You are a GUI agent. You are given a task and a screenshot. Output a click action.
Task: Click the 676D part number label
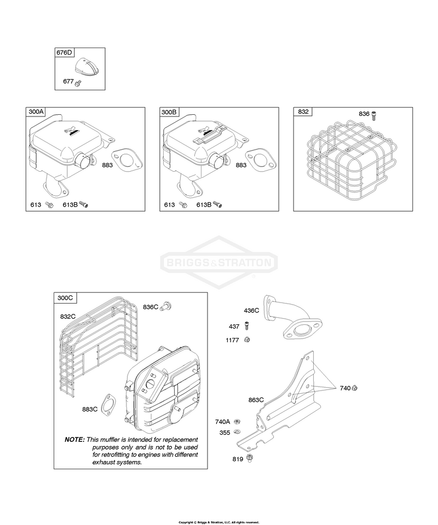pos(64,52)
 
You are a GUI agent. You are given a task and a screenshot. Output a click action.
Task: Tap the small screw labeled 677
pos(78,83)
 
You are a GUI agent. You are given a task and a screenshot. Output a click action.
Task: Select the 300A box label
pos(36,112)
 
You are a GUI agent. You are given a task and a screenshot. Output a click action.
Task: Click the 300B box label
pos(169,112)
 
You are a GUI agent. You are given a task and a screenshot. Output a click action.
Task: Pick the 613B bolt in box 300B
pos(217,205)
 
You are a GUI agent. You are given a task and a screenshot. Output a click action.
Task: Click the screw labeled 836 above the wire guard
pos(374,115)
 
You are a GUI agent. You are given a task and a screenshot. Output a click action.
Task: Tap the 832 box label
pos(303,112)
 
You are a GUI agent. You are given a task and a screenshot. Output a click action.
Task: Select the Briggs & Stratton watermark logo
pos(219,262)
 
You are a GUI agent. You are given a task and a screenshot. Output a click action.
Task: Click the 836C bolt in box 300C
pos(166,306)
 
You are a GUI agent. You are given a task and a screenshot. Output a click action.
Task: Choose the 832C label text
pos(68,317)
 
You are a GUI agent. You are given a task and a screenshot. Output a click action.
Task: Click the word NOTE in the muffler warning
pos(74,440)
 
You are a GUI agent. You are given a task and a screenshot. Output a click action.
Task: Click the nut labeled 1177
pos(247,340)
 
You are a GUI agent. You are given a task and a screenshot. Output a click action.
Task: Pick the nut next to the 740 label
pos(355,388)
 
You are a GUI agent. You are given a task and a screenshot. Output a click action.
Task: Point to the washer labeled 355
pos(237,431)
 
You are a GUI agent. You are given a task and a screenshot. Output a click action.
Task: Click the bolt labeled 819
pos(249,458)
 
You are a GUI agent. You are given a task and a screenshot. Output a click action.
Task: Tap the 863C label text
pos(256,400)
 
